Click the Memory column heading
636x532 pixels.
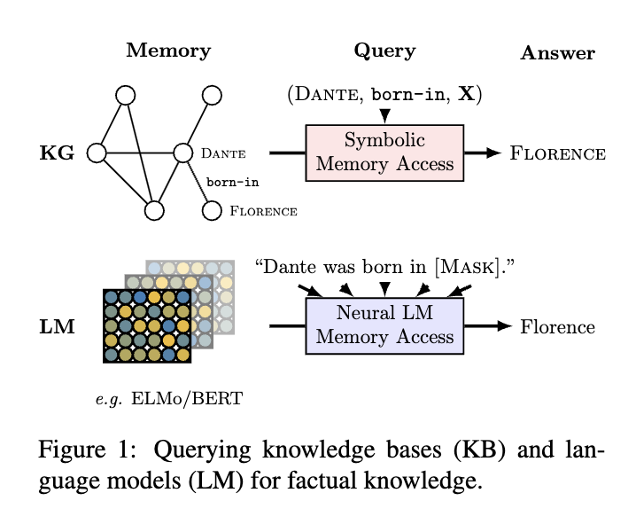(x=168, y=50)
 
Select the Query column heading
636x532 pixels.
(x=384, y=50)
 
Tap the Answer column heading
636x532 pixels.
(x=557, y=53)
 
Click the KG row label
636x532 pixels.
(x=56, y=153)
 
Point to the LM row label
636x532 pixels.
(x=56, y=327)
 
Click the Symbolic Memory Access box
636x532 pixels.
(x=384, y=153)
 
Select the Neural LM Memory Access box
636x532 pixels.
(x=384, y=325)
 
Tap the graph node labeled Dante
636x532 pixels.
(x=182, y=153)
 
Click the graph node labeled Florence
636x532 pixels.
(x=211, y=210)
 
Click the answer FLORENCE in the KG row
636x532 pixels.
(x=557, y=153)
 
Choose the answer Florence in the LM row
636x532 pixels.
(x=557, y=326)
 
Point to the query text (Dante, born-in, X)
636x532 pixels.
(x=384, y=94)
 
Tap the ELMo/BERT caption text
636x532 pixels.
(x=187, y=398)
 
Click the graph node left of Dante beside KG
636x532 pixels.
(x=97, y=153)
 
